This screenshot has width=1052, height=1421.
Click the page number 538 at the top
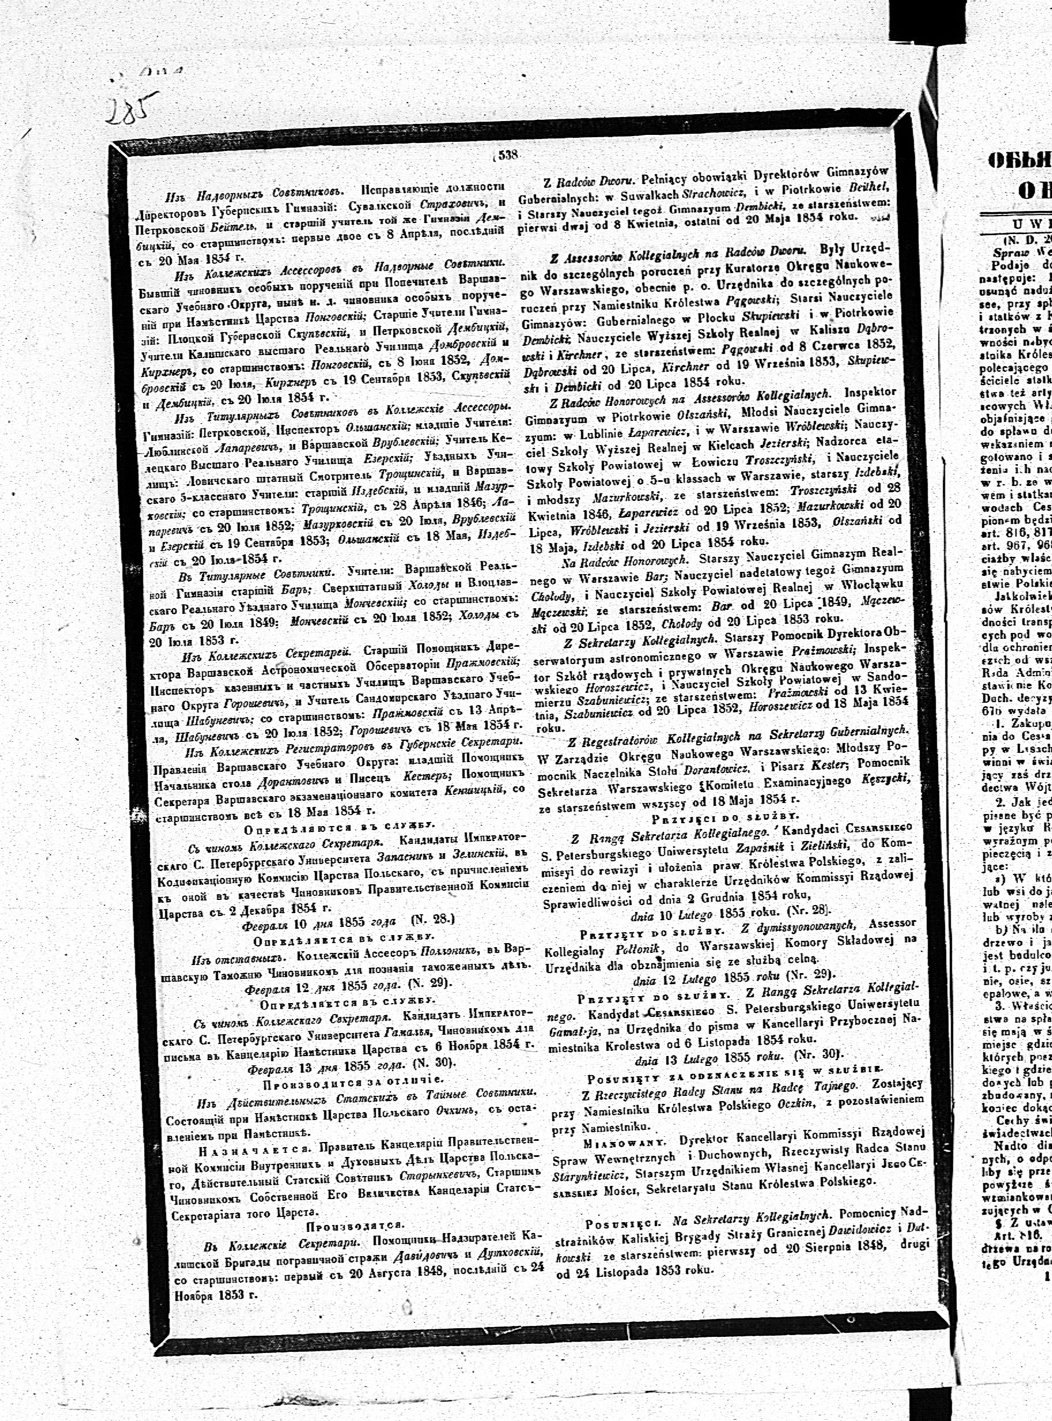point(509,154)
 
